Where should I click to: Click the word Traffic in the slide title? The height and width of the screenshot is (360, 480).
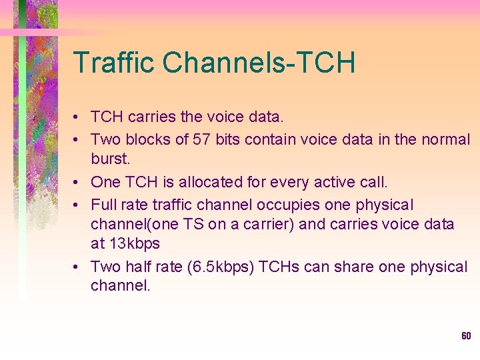pos(114,63)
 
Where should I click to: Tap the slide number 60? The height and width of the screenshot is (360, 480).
pos(466,335)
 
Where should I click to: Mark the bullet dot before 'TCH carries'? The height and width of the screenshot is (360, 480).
pos(78,118)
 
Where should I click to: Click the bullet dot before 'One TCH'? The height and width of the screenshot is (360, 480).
pos(78,182)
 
